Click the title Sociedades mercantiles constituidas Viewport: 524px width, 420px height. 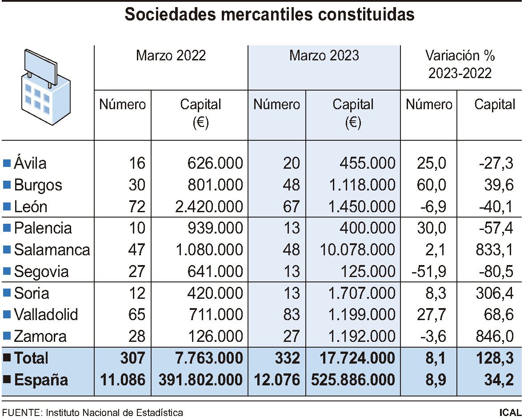tap(269, 15)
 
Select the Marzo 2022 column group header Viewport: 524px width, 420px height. tap(171, 55)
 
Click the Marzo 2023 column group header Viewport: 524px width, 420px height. tap(324, 55)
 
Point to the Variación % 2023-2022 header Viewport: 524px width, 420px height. tap(460, 64)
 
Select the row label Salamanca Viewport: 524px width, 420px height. tap(52, 250)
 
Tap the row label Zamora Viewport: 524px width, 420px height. tap(40, 336)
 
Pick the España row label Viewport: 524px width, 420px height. tap(41, 380)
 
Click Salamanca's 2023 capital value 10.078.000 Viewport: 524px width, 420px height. tap(357, 250)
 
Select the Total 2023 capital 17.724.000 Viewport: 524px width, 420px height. tap(353, 358)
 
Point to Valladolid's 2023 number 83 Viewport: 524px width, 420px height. tap(291, 315)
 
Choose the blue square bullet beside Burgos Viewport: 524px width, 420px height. tap(7, 185)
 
